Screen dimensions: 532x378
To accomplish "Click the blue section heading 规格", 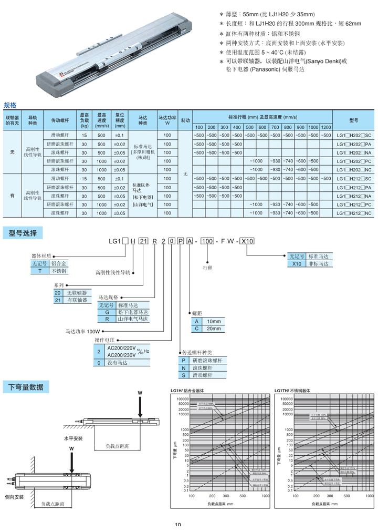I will pos(10,105).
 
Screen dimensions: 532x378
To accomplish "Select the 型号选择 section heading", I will pos(23,232).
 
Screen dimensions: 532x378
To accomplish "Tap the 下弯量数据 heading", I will pos(26,387).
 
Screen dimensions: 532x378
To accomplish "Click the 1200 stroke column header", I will pos(326,127).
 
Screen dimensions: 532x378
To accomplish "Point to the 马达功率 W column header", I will pos(167,120).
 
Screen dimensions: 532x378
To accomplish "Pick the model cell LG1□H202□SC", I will pos(353,136).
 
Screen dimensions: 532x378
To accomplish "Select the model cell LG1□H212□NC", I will pos(353,213).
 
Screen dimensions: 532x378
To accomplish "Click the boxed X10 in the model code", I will pos(247,241).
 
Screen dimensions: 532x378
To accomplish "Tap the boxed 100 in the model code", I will pos(208,241).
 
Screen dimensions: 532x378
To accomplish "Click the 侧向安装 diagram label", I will pos(14,496).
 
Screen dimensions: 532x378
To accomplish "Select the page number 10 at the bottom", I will pos(178,525).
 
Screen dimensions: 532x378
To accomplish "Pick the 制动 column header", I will pos(185,120).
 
